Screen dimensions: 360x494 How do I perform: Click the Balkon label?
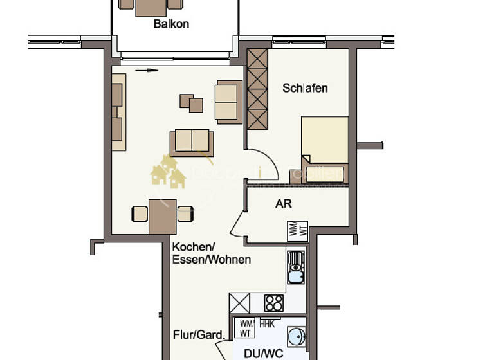click(x=171, y=24)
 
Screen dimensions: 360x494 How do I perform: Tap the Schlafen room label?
click(x=305, y=88)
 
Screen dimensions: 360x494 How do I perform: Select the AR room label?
click(x=284, y=204)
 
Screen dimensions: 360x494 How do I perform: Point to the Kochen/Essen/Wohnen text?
click(x=211, y=253)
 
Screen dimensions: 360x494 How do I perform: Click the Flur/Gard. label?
click(x=199, y=335)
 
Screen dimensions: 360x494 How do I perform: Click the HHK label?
click(x=267, y=324)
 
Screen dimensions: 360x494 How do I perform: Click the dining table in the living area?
click(x=162, y=216)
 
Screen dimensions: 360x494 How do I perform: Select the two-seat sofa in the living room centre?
click(x=192, y=141)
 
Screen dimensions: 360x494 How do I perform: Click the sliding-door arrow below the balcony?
click(x=147, y=71)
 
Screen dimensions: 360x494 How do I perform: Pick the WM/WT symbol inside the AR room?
click(x=297, y=230)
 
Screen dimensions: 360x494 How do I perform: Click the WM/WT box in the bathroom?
click(x=245, y=328)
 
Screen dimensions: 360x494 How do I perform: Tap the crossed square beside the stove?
click(x=240, y=303)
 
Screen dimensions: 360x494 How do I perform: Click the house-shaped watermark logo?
click(x=168, y=172)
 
